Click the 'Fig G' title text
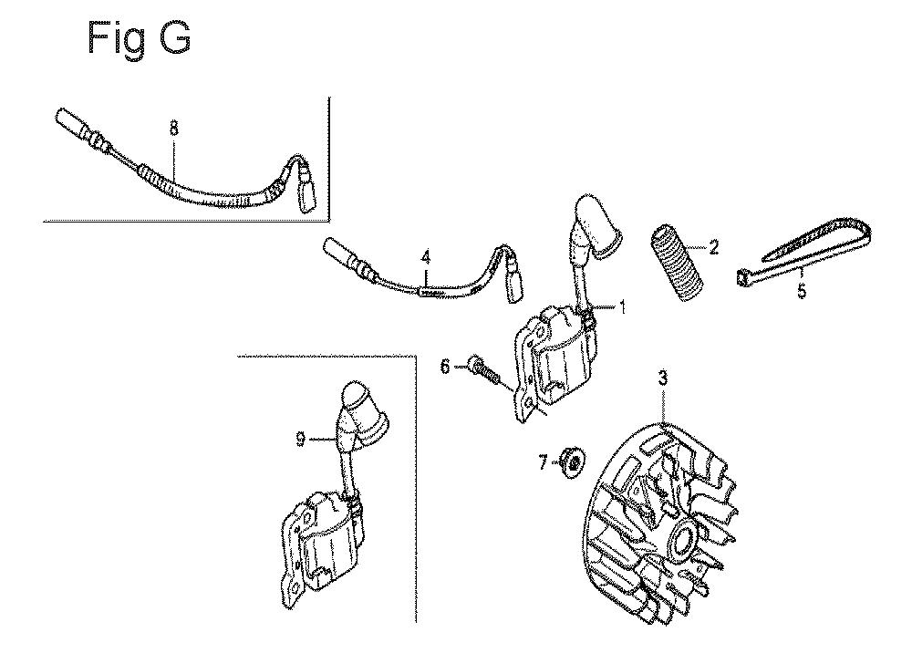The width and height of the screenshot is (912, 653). tap(139, 38)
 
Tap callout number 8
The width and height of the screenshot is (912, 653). tap(174, 128)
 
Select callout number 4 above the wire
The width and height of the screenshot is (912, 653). tap(426, 256)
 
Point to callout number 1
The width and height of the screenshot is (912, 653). tap(622, 306)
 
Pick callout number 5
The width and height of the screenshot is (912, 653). tap(802, 290)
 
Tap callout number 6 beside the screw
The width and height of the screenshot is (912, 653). tap(445, 367)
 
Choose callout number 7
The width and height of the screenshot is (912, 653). tap(543, 447)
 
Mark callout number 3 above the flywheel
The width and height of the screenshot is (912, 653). tap(663, 378)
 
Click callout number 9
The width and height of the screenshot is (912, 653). tap(300, 439)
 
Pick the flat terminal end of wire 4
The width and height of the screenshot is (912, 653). tap(513, 282)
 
